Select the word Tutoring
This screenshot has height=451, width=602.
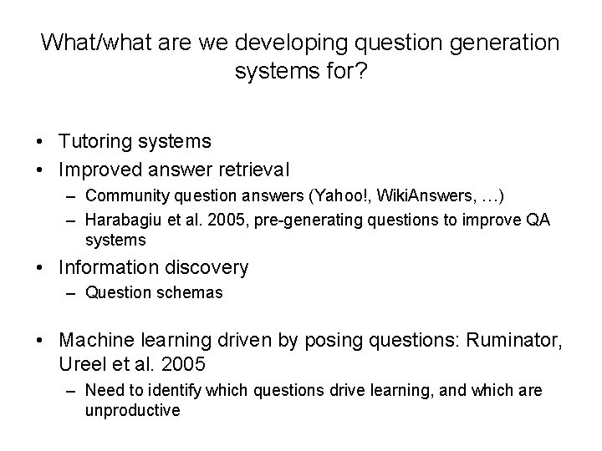[x=94, y=142]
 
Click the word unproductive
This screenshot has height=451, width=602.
[x=132, y=410]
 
